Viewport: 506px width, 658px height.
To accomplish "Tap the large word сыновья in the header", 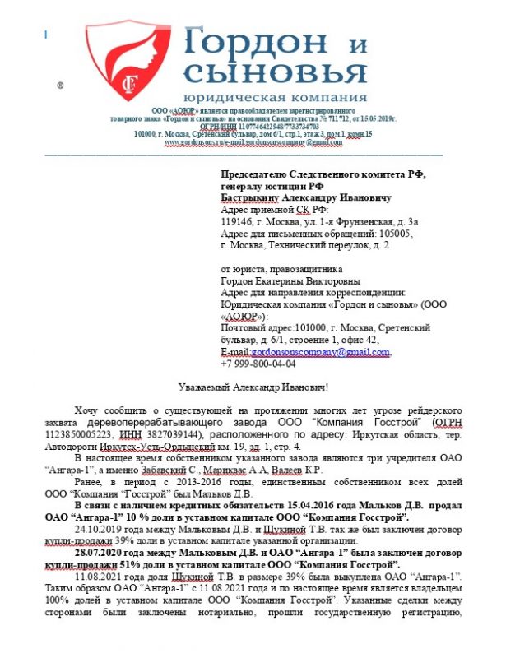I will [275, 73].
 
